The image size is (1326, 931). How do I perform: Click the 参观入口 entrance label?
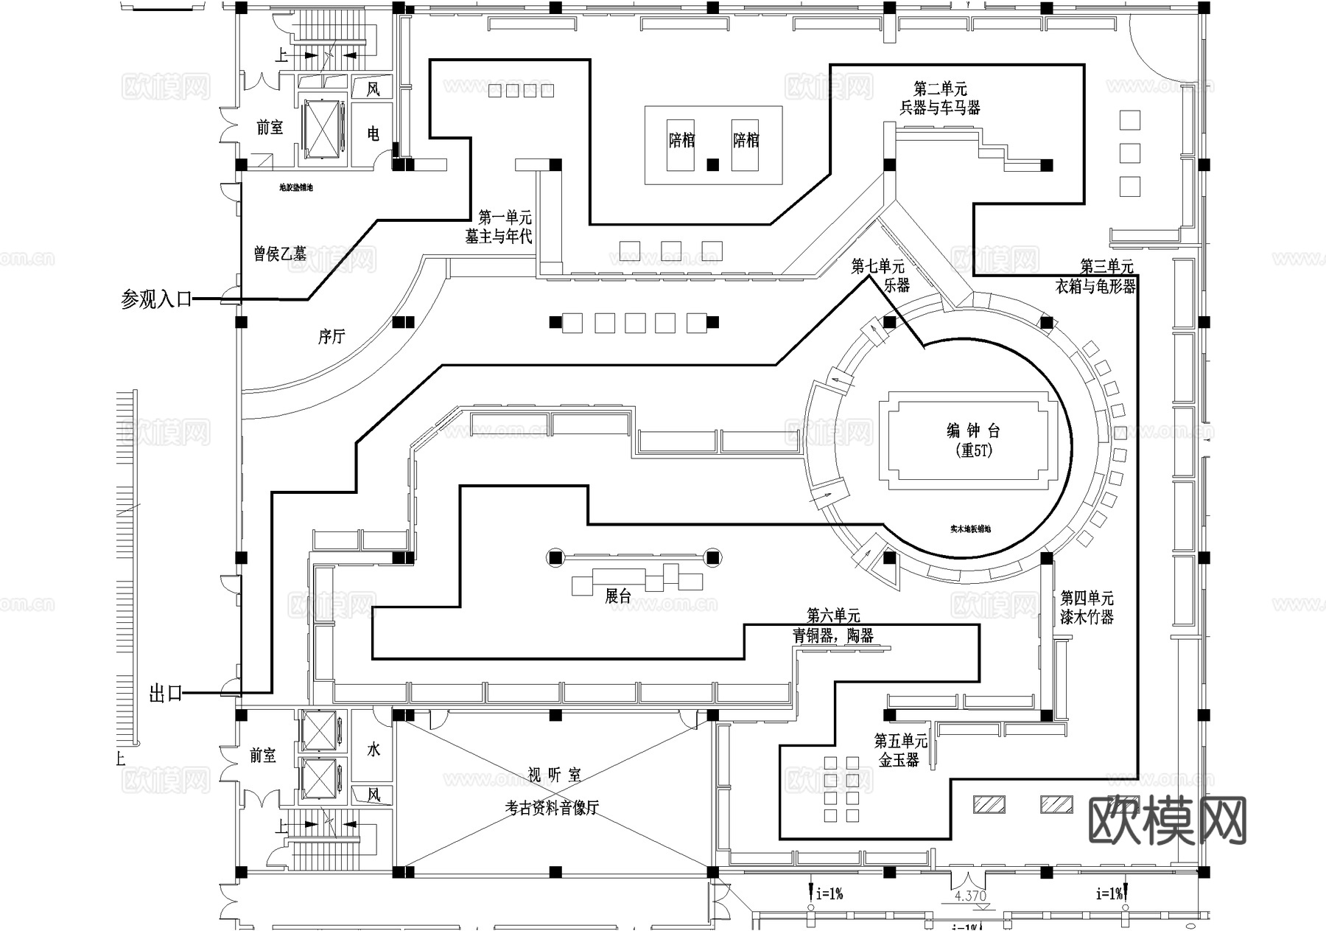pos(156,299)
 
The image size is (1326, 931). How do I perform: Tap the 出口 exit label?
pos(166,694)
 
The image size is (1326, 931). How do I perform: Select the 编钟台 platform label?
pos(973,431)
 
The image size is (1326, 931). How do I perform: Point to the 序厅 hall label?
pos(331,337)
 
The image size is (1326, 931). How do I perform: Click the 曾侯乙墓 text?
pos(280,254)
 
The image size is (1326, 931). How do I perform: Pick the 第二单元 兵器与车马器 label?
pos(940,99)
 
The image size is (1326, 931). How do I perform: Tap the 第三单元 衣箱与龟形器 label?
pos(1096,276)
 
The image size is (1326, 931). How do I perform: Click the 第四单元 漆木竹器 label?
pos(1087,607)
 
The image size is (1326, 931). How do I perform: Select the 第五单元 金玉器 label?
pos(900,750)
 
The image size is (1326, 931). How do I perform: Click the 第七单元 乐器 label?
pos(879,275)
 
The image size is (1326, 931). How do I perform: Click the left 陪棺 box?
pos(681,140)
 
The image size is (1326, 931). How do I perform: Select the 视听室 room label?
pos(555,775)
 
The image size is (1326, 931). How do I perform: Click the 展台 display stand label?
pos(618,596)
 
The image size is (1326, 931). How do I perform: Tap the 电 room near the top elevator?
pos(373,133)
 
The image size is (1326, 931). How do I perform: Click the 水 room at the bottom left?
pos(373,750)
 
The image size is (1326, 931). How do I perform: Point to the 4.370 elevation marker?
pos(969,896)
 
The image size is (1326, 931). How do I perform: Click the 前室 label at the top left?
pos(270,128)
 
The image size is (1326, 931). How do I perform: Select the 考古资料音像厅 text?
pos(552,808)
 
